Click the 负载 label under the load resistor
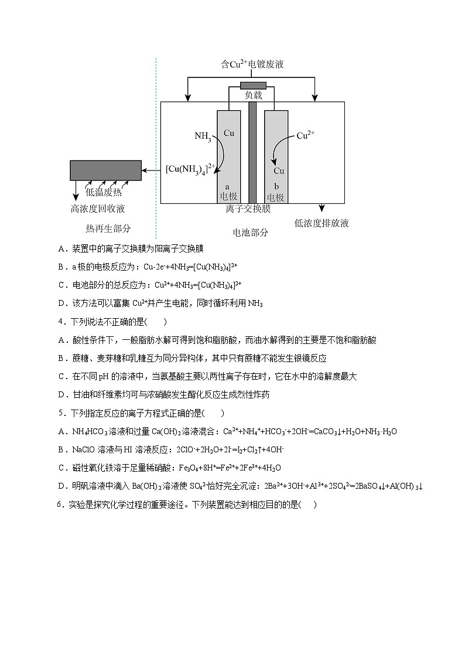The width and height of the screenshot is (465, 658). coord(253,96)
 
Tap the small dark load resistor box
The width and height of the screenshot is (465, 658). coord(253,86)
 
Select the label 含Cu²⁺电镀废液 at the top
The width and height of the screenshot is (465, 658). coord(252,64)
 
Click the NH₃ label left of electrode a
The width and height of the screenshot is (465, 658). coord(203,137)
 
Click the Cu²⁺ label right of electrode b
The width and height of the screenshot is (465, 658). coord(306,136)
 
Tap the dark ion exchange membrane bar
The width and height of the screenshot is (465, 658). coord(252,152)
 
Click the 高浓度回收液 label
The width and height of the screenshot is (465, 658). coord(98,209)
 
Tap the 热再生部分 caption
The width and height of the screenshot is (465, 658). coord(108,229)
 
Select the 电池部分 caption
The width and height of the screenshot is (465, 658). coord(251,232)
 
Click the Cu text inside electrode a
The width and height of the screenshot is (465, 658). coord(228,134)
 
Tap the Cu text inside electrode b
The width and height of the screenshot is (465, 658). coord(279,171)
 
